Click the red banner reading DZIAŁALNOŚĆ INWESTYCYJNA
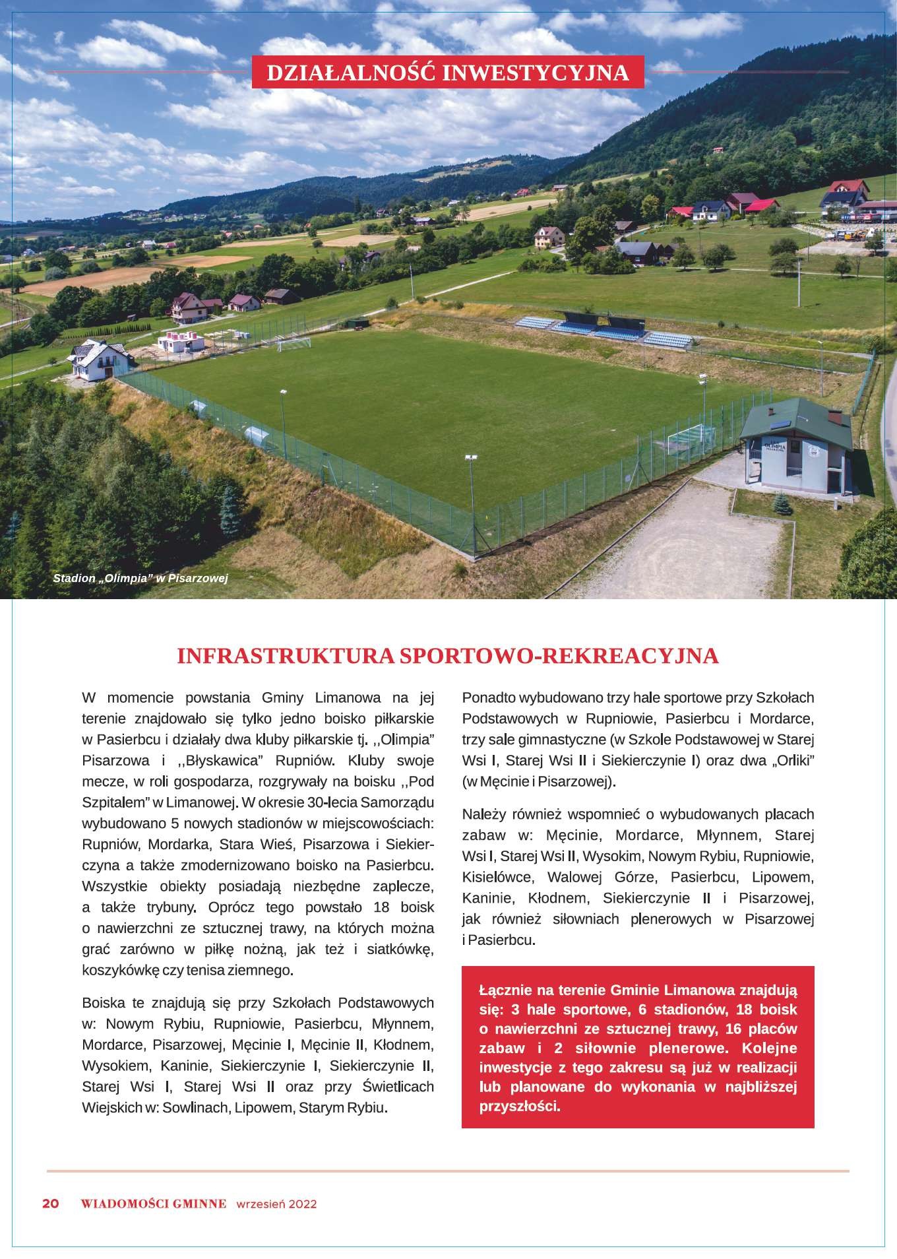[x=448, y=73]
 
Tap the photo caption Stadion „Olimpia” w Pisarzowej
[x=140, y=579]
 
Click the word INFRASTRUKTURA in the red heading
[x=286, y=656]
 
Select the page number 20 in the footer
[x=51, y=1203]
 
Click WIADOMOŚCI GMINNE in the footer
[x=153, y=1203]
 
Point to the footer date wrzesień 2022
[x=276, y=1204]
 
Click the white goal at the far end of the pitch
[x=294, y=344]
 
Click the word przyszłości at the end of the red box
[x=520, y=1107]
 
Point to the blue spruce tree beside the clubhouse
[x=782, y=503]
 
